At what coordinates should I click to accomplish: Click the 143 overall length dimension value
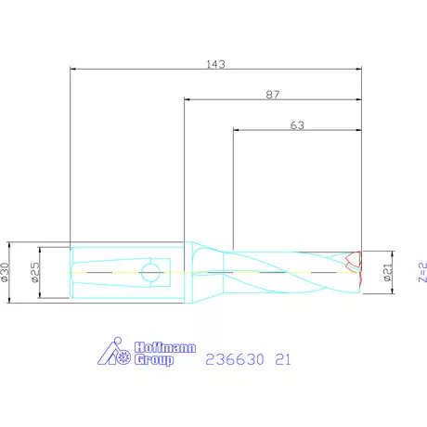coord(215,64)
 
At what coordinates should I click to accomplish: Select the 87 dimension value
coord(273,95)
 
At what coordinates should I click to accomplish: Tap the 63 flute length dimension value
coord(297,125)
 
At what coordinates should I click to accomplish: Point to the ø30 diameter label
coord(5,272)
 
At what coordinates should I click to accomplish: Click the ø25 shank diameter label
coord(35,272)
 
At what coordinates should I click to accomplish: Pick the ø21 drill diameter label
coord(388,272)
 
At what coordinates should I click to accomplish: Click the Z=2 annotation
coord(422,272)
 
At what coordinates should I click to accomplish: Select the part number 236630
coord(235,359)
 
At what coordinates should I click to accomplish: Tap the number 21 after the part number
coord(283,359)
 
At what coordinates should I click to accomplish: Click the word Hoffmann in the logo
coord(165,347)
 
